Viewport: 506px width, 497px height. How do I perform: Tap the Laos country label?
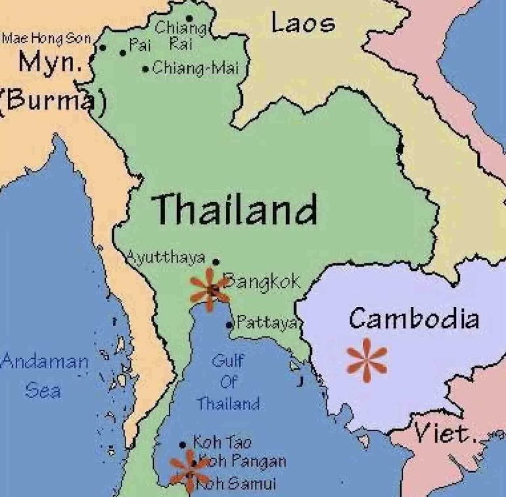(x=302, y=24)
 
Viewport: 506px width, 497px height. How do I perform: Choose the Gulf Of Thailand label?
(x=228, y=382)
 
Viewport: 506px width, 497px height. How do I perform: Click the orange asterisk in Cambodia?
(x=367, y=360)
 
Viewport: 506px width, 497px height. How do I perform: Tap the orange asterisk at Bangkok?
(x=210, y=289)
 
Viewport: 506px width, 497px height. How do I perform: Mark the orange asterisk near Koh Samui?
(x=189, y=469)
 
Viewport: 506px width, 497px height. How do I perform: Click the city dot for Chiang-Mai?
(x=145, y=69)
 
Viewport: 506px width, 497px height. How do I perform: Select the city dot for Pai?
(x=122, y=53)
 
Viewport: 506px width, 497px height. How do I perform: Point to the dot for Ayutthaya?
(x=216, y=262)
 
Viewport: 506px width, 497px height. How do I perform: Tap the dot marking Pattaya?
(x=229, y=324)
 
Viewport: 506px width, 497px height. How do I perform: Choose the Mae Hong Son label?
(x=46, y=39)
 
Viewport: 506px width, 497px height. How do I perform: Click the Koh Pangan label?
(x=242, y=462)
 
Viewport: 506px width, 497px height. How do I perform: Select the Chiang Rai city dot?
(x=189, y=18)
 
